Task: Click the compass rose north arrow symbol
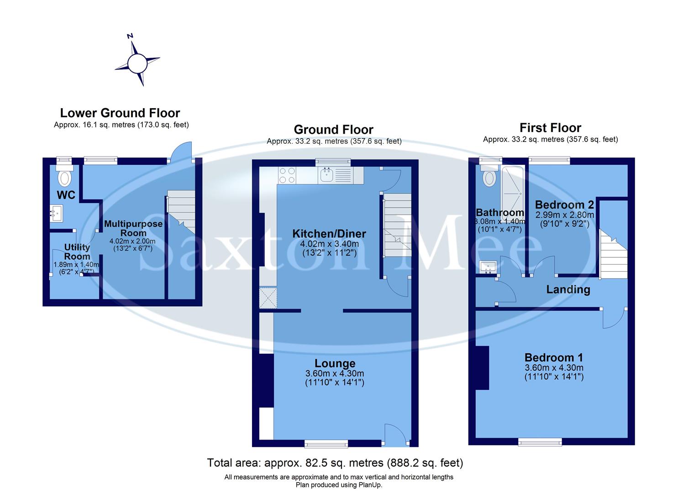[x=137, y=63]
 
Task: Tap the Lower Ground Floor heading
[x=120, y=113]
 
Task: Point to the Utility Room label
[x=77, y=252]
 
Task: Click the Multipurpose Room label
[x=133, y=228]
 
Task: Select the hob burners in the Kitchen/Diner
[x=287, y=175]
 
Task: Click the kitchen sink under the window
[x=327, y=174]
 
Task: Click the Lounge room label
[x=335, y=363]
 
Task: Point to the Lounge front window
[x=326, y=442]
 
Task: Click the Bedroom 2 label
[x=564, y=205]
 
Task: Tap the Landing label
[x=568, y=289]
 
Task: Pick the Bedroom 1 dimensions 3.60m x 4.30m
[x=553, y=367]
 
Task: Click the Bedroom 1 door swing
[x=613, y=319]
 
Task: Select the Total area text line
[x=335, y=463]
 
